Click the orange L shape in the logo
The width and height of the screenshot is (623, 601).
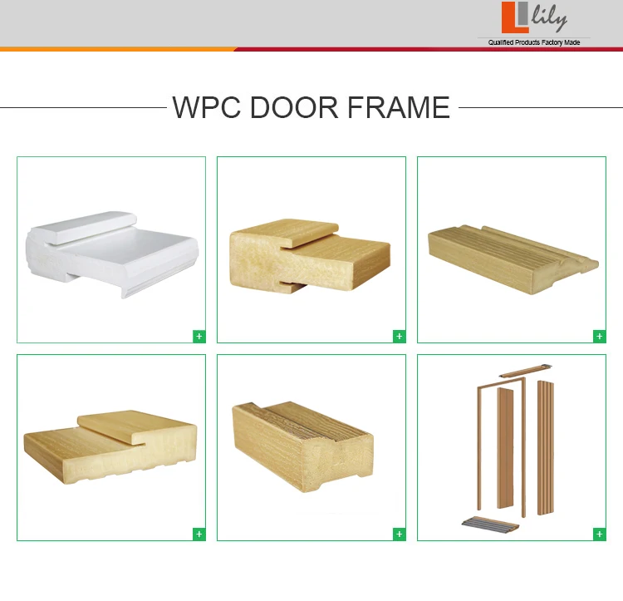(x=508, y=17)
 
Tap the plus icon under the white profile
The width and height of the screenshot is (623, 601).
(x=199, y=336)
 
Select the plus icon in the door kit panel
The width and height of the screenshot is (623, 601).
(x=599, y=534)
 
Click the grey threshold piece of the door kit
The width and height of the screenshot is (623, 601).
(x=489, y=523)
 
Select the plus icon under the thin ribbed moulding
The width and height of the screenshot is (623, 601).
(x=599, y=336)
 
